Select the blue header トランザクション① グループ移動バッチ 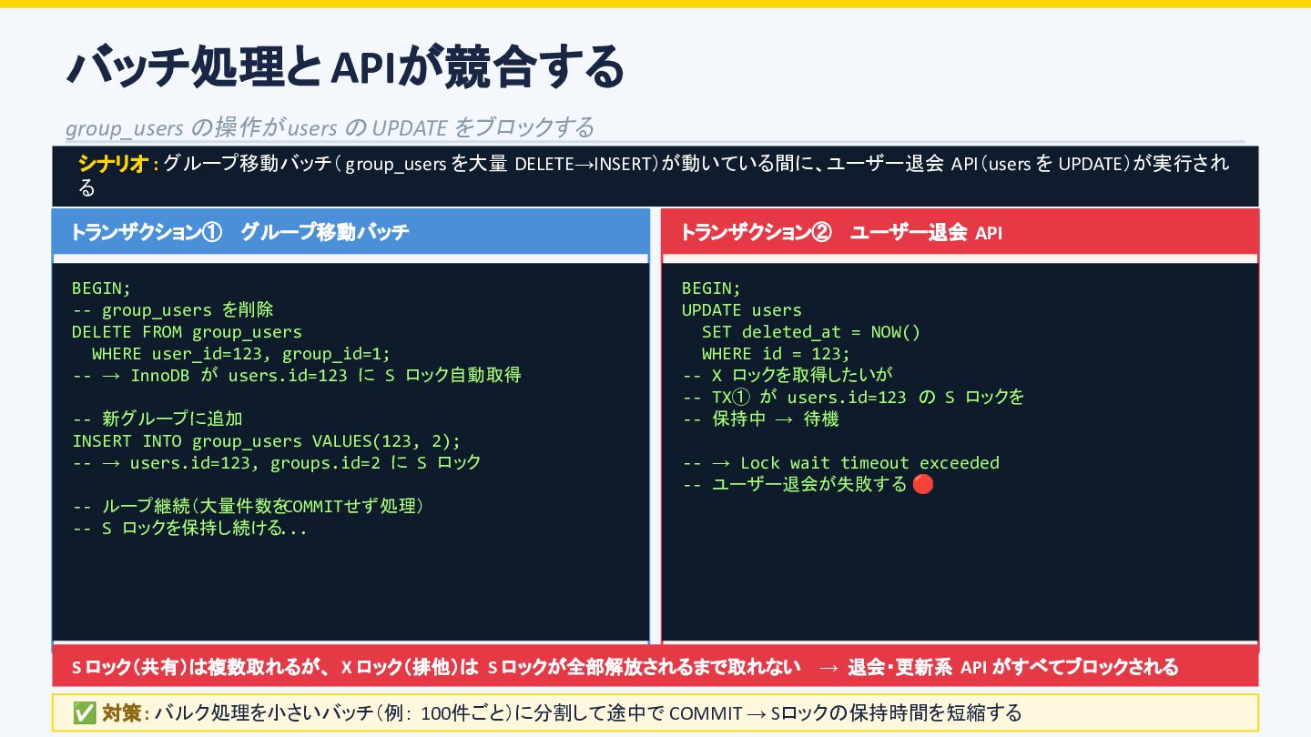click(x=239, y=233)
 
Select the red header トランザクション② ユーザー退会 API click(x=840, y=233)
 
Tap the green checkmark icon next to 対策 click(x=85, y=713)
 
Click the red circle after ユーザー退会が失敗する click(x=922, y=484)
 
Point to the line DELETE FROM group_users click(x=187, y=332)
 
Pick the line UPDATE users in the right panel click(x=741, y=310)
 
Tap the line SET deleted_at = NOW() click(x=810, y=332)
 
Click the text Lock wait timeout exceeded click(x=869, y=463)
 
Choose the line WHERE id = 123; click(x=775, y=354)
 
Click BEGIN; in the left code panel click(x=101, y=288)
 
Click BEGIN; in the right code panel click(x=711, y=288)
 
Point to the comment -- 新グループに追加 click(x=158, y=419)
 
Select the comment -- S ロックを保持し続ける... click(x=189, y=529)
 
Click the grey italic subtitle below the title click(x=330, y=127)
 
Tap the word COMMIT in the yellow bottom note click(x=706, y=713)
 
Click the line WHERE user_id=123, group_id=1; click(x=240, y=354)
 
